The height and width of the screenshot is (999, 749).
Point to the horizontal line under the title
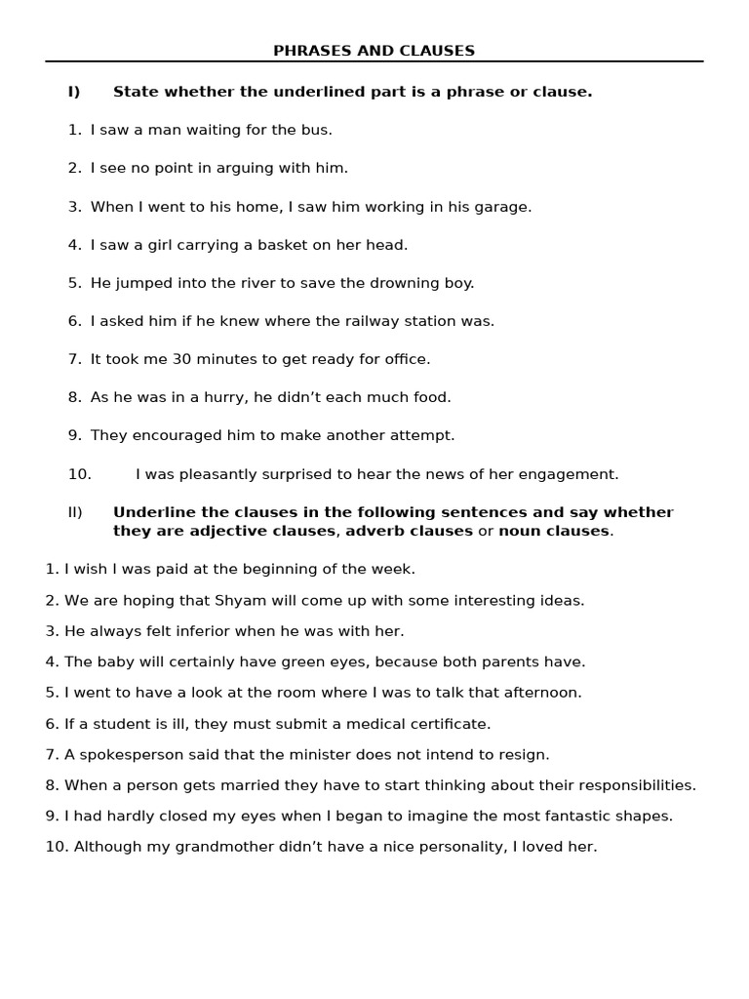pos(374,61)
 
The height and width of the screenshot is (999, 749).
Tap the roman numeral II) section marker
pos(75,512)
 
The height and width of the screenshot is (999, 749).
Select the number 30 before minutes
pos(182,359)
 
